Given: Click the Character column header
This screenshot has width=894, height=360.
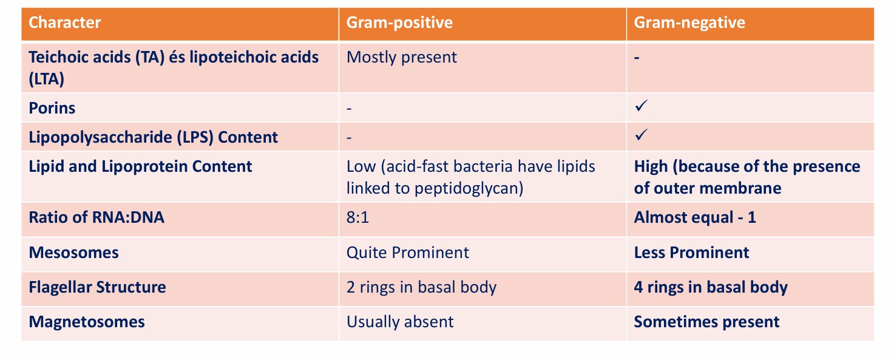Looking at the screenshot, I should [65, 23].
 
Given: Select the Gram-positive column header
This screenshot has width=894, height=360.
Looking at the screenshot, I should [399, 23].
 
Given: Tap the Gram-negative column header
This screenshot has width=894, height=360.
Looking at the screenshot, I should [689, 23].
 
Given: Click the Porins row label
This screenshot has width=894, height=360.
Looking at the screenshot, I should [52, 108].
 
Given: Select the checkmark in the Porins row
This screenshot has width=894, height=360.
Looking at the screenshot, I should [641, 106].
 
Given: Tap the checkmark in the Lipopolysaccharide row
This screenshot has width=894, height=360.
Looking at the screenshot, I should [641, 135].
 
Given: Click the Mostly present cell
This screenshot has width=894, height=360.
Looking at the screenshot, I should [401, 57].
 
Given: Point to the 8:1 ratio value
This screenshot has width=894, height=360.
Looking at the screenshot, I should [357, 217].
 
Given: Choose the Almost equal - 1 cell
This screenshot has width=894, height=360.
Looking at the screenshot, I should [695, 217].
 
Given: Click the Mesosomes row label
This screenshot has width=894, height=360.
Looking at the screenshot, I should [73, 252].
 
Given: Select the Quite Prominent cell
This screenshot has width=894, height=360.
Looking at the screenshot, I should [407, 252].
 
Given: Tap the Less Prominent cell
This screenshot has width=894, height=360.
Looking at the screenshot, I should [691, 252].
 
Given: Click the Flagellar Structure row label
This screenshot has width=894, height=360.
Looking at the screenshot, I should [97, 287].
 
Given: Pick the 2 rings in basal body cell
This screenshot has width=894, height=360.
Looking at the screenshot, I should [421, 287].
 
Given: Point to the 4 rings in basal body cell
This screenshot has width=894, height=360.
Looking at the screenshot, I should [711, 287].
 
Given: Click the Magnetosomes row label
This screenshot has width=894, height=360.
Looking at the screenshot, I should [87, 321].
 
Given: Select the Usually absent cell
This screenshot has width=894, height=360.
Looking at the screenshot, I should [400, 321].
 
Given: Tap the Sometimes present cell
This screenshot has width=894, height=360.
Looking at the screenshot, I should [706, 321].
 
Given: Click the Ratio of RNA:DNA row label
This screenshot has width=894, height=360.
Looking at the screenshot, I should [97, 217].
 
